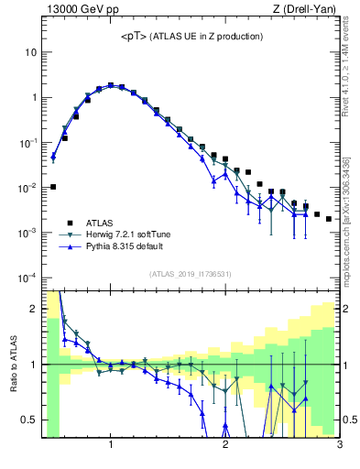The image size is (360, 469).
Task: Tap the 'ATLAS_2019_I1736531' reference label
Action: (191, 274)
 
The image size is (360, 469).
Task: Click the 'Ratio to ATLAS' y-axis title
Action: (14, 364)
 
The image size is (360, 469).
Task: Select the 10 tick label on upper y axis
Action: (29, 52)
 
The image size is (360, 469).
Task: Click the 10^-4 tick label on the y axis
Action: (27, 278)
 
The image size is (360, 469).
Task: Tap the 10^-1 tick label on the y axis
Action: (27, 143)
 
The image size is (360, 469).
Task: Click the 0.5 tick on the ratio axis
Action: (28, 420)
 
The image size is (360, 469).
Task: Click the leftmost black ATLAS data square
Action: (53, 187)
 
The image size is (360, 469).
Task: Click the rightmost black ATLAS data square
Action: (329, 219)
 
